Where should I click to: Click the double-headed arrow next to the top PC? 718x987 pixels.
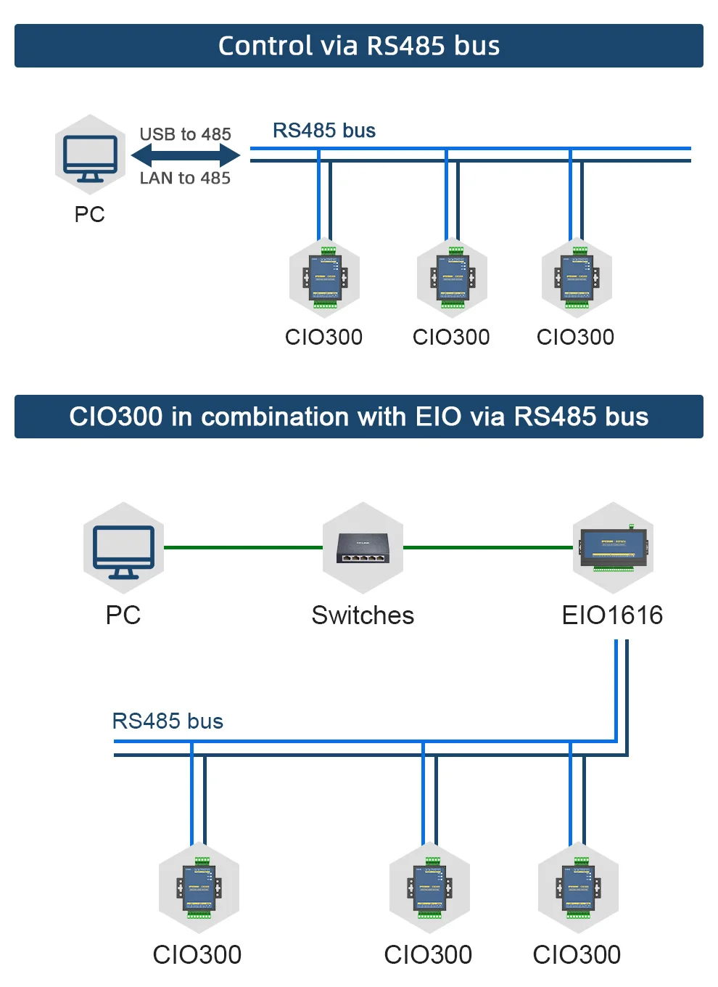[x=186, y=155]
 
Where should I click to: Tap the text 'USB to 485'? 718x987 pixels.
[x=185, y=134]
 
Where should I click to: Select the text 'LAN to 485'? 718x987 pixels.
[x=185, y=178]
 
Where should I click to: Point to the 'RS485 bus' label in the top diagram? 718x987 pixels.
[x=323, y=131]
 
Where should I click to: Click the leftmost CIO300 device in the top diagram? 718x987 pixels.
[x=324, y=278]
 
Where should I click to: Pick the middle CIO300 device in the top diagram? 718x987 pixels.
[x=452, y=278]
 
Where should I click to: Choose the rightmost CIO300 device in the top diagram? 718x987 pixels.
[x=577, y=278]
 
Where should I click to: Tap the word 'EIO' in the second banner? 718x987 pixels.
[x=438, y=417]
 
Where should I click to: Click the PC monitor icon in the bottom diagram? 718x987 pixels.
[x=123, y=549]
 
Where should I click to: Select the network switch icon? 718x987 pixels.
[x=363, y=549]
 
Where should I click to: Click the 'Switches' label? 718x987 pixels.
[x=363, y=615]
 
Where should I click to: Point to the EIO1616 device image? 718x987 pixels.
[x=613, y=549]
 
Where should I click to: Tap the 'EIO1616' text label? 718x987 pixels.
[x=612, y=615]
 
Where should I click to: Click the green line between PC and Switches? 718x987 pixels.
[x=243, y=547]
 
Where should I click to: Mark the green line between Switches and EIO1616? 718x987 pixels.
[x=487, y=547]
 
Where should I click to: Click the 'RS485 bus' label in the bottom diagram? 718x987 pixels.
[x=168, y=721]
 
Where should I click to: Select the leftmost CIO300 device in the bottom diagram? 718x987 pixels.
[x=199, y=888]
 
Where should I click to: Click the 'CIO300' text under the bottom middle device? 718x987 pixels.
[x=428, y=954]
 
